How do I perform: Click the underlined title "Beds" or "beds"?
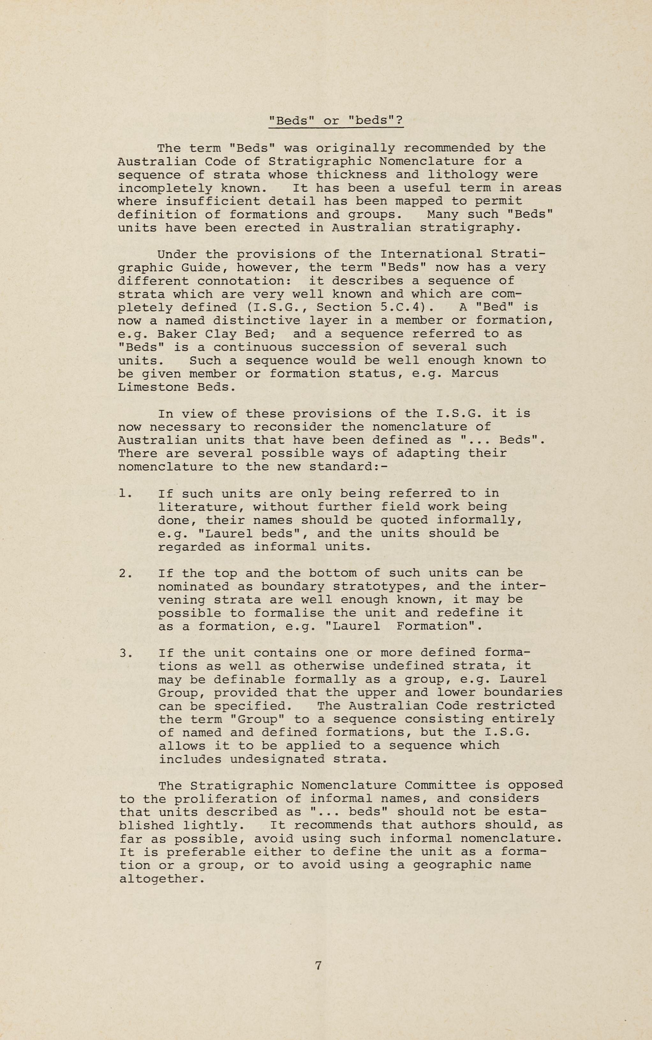[336, 121]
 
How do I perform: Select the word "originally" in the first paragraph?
[355, 148]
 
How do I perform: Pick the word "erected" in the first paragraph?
[272, 228]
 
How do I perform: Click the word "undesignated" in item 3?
[277, 759]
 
